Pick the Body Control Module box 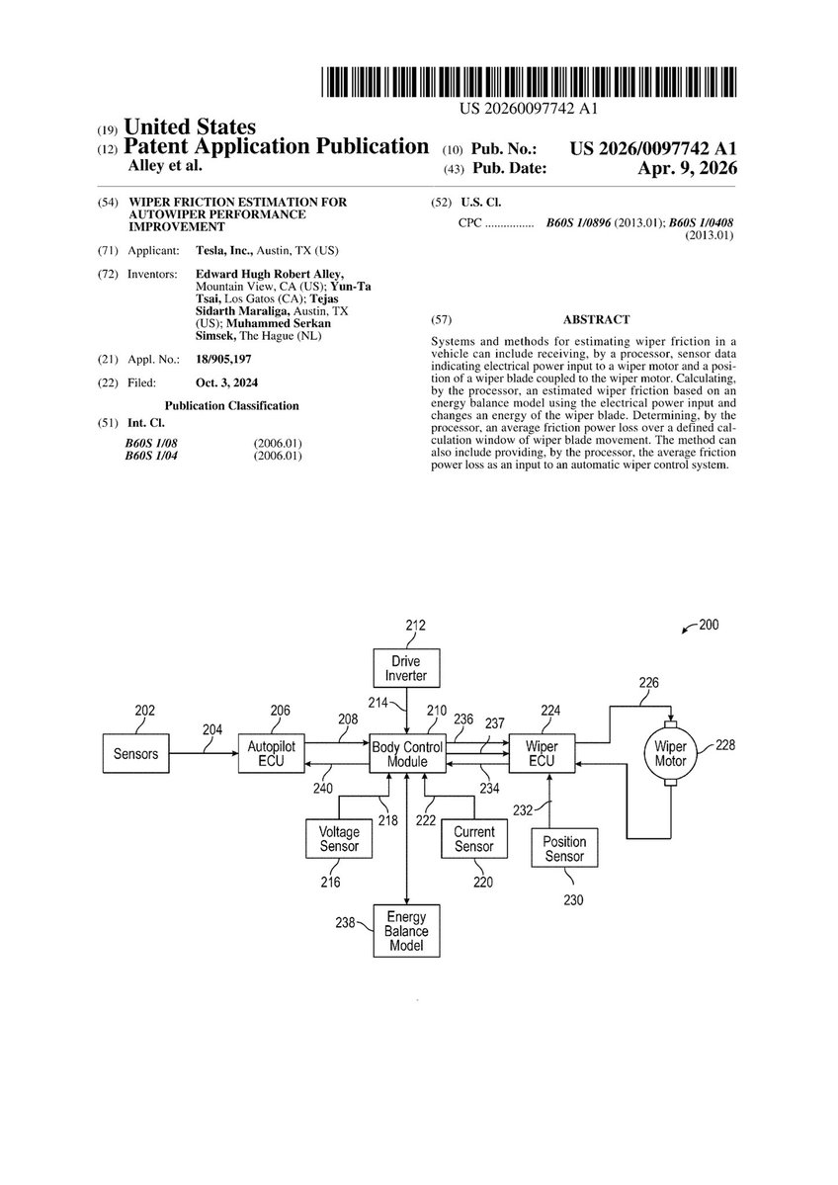(x=406, y=754)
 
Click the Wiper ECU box (x=541, y=754)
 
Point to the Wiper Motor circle (x=670, y=754)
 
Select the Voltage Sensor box (x=339, y=839)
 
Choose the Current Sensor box (x=473, y=839)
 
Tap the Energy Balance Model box (x=406, y=931)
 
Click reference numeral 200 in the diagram (x=709, y=626)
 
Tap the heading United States (x=189, y=127)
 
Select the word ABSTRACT (x=596, y=320)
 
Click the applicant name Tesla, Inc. (x=222, y=253)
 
